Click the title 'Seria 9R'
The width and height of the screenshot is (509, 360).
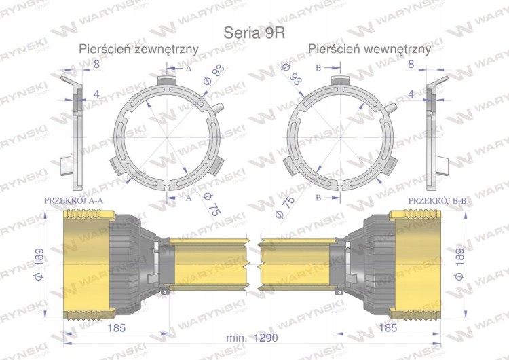(x=254, y=33)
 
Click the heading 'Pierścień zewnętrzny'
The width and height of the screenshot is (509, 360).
(x=138, y=49)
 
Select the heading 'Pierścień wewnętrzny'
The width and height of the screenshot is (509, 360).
(x=369, y=49)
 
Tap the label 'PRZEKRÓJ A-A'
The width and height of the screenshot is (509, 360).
(x=74, y=200)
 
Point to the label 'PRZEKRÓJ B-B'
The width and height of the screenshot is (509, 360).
(x=437, y=201)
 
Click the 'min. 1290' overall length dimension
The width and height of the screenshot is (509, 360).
(x=252, y=338)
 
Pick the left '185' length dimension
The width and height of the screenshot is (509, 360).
(x=116, y=328)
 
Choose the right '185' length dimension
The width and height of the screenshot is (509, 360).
(x=388, y=328)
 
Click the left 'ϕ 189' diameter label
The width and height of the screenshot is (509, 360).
(x=39, y=264)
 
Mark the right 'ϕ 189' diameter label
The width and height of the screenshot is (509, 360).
(x=459, y=264)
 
